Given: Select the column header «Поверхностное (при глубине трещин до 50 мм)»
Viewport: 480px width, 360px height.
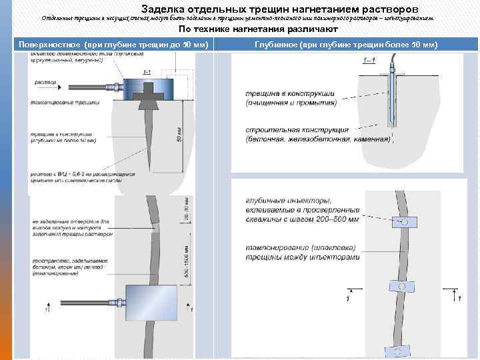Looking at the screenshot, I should tap(113, 44).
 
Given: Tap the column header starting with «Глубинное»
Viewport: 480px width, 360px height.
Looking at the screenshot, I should tap(345, 44).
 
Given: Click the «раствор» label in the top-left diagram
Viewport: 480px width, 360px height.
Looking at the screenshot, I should tap(42, 83).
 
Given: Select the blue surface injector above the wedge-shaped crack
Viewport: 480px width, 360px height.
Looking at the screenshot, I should tap(146, 86).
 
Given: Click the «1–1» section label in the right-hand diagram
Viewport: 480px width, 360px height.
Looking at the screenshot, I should tap(368, 61).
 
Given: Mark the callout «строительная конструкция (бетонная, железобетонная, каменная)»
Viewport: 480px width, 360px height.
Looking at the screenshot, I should tap(317, 135).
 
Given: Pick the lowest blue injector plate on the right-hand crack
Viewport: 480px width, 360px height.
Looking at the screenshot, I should tap(399, 351).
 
